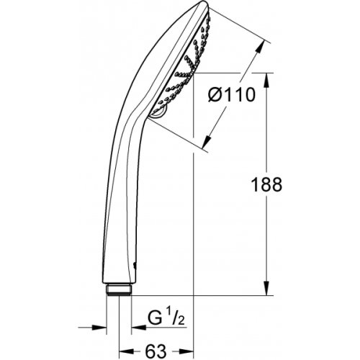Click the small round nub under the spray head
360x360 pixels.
point(158,112)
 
